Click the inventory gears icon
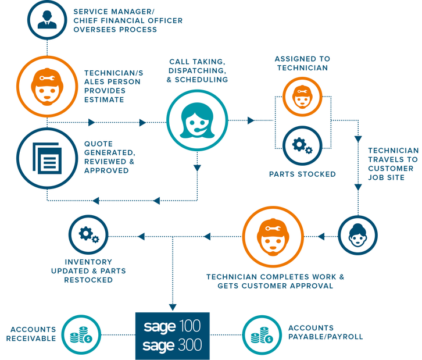click(88, 235)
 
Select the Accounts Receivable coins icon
click(80, 335)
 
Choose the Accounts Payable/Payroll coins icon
click(260, 335)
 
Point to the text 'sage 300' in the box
click(172, 345)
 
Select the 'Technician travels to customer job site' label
click(392, 163)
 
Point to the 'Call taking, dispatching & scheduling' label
click(198, 70)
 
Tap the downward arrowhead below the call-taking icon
click(196, 169)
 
